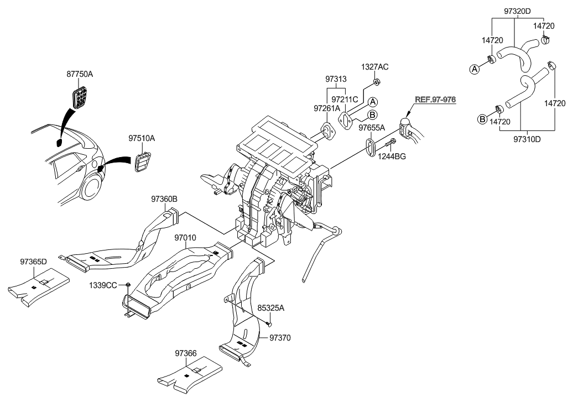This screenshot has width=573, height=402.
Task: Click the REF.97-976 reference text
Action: [436, 99]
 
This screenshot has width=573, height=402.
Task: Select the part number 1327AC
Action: [375, 67]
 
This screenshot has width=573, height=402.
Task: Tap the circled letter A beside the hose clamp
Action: [473, 69]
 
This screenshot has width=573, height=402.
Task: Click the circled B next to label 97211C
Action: [373, 114]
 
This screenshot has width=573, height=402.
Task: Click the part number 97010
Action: [185, 237]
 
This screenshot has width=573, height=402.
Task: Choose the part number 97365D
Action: [34, 261]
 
